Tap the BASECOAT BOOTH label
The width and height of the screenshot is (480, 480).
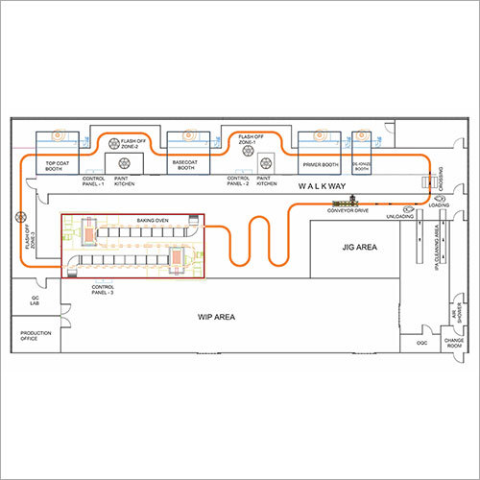(186, 165)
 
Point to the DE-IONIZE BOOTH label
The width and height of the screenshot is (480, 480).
(362, 165)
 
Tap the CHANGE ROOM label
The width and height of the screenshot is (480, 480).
(453, 341)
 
